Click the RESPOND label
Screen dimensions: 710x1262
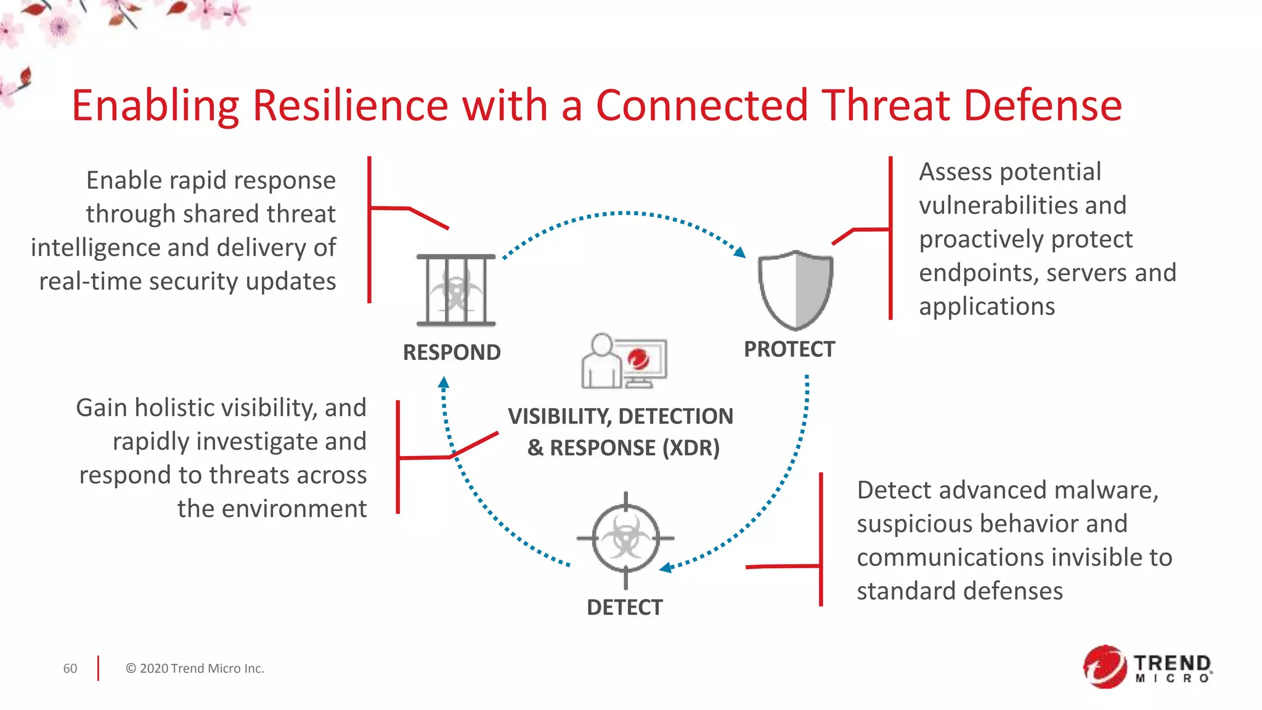452,353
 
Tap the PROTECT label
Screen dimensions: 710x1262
789,349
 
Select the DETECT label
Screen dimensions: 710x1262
625,608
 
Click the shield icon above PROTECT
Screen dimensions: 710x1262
796,290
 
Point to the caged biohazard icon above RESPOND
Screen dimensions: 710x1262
456,290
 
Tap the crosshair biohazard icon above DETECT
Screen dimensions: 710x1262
625,539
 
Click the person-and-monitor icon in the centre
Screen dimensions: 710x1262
624,361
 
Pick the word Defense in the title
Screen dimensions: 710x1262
1043,105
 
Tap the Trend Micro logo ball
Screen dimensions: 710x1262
1105,667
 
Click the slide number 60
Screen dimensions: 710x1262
70,669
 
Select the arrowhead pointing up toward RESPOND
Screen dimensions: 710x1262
444,383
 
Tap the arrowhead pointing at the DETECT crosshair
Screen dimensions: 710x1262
666,568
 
